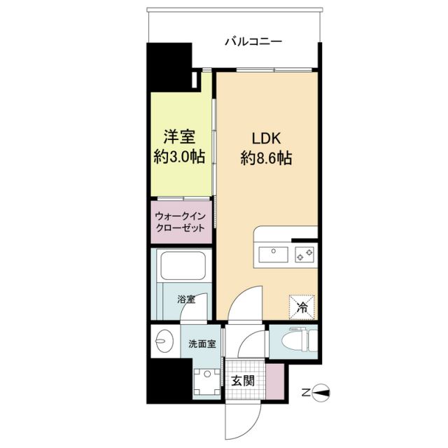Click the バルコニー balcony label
tap(253, 41)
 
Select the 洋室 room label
tap(179, 136)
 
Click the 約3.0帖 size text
tap(179, 157)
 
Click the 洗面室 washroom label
tap(202, 344)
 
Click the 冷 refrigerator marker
tap(303, 306)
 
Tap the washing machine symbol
tap(206, 384)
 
